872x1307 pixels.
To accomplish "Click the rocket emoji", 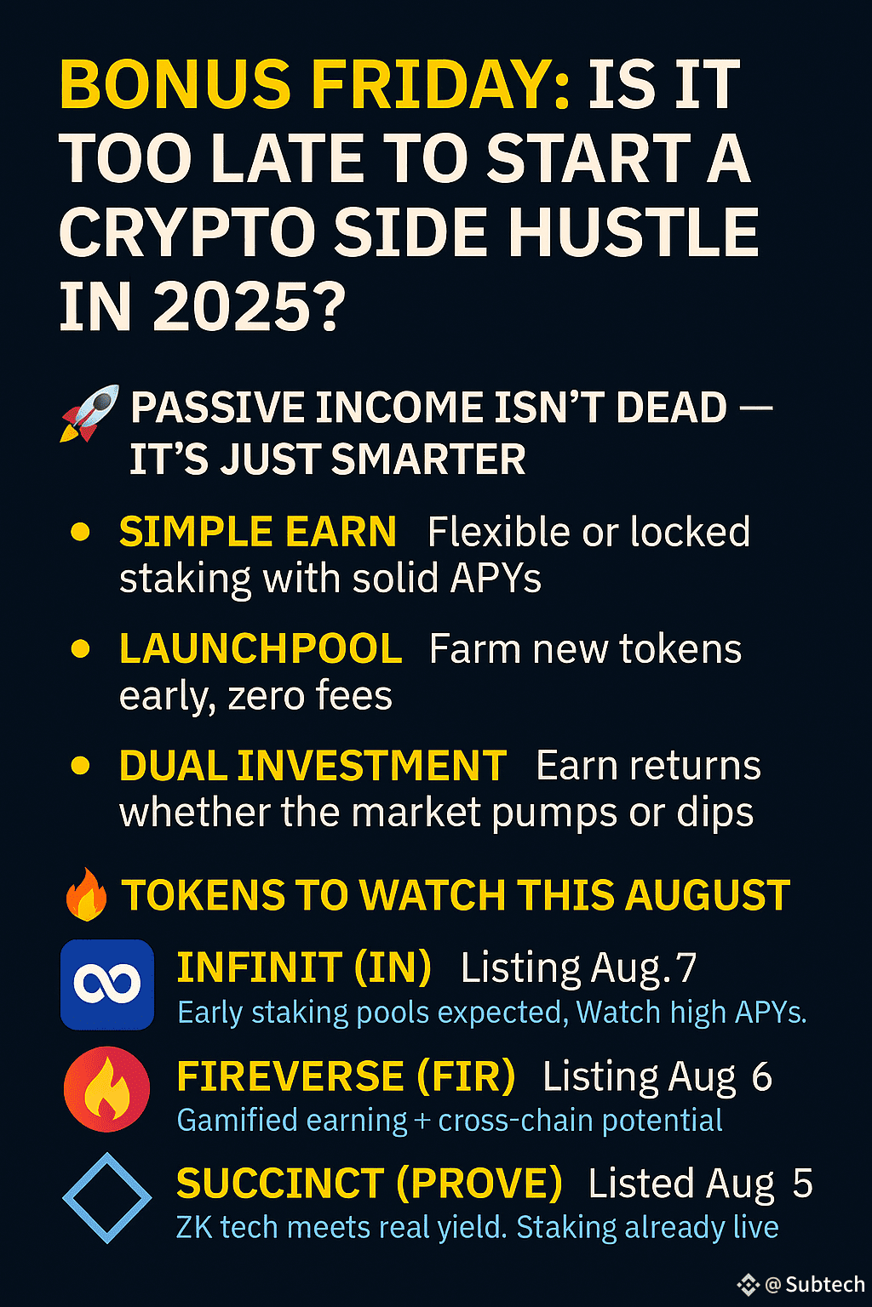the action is pos(89,413).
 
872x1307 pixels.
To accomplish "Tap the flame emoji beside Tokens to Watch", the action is pos(87,894).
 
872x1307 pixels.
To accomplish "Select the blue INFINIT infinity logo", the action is pos(107,985).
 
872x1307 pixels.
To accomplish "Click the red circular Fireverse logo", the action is pos(107,1089).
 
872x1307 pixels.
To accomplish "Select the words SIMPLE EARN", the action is pos(257,532).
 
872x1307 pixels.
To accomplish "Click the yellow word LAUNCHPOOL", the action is pos(261,648).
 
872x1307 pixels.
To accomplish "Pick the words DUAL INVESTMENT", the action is pos(313,765).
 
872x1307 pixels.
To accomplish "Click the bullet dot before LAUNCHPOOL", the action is pos(80,649).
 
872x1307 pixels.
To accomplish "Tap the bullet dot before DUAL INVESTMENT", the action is pos(80,766).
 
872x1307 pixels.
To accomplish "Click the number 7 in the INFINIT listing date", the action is pos(686,968).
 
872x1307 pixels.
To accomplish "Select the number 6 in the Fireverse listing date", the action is pos(761,1076).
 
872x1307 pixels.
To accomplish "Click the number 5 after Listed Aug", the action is pos(802,1183).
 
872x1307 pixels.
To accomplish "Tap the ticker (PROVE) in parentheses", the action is pos(479,1184).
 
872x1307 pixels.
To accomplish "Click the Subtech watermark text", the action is pos(824,1284).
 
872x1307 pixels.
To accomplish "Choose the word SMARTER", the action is pos(428,459).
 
